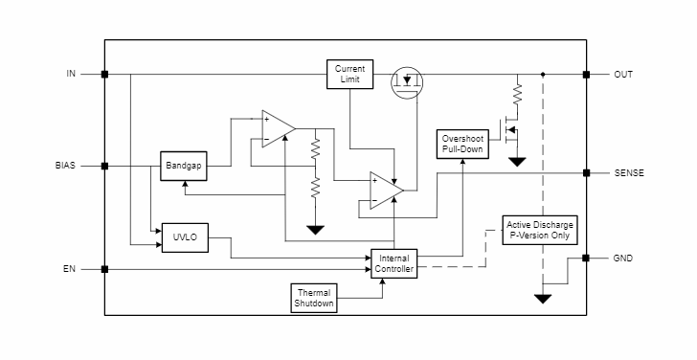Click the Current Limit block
point(349,74)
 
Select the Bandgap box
point(183,166)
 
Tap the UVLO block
point(184,237)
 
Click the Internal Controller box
point(394,264)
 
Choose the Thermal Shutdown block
point(314,298)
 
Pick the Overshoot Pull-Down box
point(462,144)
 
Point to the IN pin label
point(71,74)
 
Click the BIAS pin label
point(65,166)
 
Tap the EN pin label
point(69,269)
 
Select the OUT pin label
point(623,74)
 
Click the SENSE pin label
point(629,173)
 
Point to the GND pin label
point(623,259)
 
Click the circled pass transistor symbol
point(409,83)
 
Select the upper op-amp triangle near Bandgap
point(276,129)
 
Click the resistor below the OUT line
point(517,94)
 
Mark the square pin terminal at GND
point(585,259)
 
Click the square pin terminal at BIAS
point(104,166)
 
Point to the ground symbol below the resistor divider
point(314,230)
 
